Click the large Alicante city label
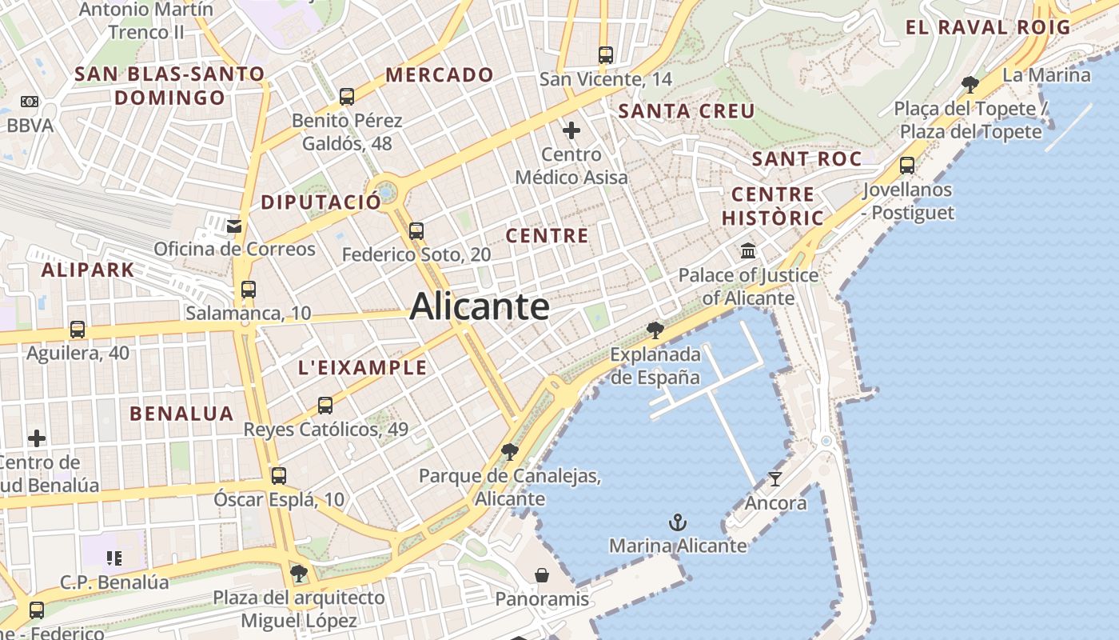point(480,307)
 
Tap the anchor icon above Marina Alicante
point(678,523)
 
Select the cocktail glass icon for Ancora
point(775,479)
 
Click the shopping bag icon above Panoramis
point(542,575)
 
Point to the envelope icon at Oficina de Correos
point(234,226)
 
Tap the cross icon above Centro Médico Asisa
point(571,130)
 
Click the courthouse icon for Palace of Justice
point(748,251)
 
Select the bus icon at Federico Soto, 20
point(416,231)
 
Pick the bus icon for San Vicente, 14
point(606,55)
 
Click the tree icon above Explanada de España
point(655,330)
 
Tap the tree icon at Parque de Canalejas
point(509,452)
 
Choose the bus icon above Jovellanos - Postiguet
point(907,166)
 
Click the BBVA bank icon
point(30,102)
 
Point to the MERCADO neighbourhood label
point(440,75)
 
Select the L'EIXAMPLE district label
point(362,368)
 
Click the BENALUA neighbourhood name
point(181,414)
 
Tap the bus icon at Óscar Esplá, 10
point(278,476)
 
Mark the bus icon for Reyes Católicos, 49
point(325,406)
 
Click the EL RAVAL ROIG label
point(988,27)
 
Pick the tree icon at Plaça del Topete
point(970,84)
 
